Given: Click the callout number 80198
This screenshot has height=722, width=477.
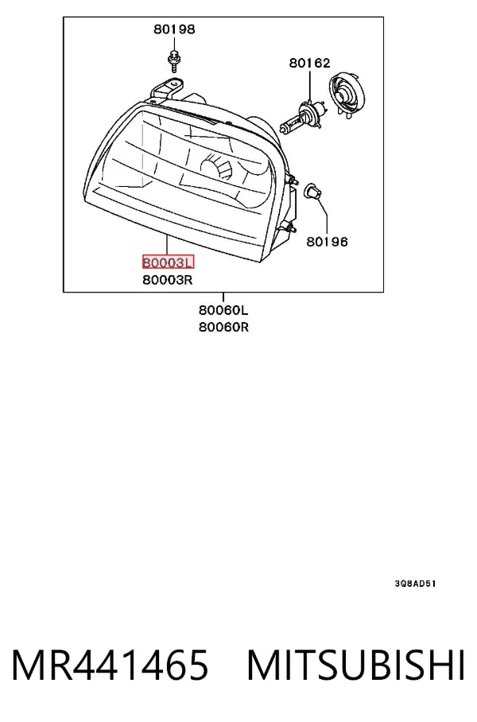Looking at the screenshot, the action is (x=174, y=29).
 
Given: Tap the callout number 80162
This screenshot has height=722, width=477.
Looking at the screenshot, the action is (x=310, y=63).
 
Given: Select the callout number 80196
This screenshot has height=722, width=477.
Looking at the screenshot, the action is (x=328, y=241).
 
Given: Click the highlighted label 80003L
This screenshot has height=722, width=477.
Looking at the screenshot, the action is (x=168, y=262).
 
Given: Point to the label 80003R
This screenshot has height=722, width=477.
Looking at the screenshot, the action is (x=168, y=280).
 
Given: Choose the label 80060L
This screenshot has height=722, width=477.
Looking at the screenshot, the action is (x=223, y=310).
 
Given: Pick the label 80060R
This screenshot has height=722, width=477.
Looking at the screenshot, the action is (x=223, y=327).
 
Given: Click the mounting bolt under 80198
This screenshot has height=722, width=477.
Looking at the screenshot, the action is (x=174, y=60).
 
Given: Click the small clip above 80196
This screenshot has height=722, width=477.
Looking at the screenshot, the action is (x=312, y=191).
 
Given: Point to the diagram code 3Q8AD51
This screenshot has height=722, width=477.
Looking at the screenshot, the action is (x=415, y=584).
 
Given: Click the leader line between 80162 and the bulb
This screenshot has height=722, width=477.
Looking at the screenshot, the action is (x=310, y=86).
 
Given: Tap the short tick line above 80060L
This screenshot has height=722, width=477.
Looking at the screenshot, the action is (x=223, y=297).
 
